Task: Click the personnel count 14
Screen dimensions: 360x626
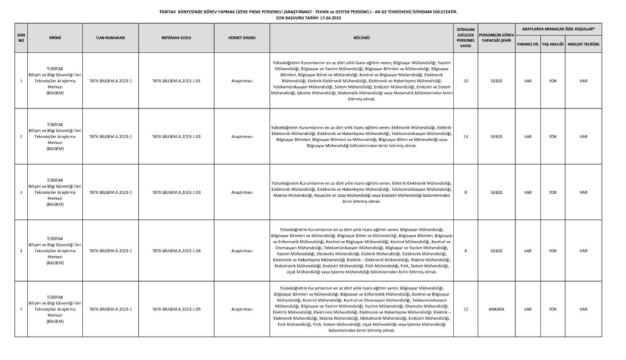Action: pyautogui.click(x=466, y=136)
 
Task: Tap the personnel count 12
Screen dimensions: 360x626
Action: pyautogui.click(x=466, y=309)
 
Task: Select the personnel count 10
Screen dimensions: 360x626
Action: pyautogui.click(x=466, y=80)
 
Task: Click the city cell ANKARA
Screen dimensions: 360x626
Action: pyautogui.click(x=496, y=309)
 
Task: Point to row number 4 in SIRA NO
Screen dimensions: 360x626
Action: pyautogui.click(x=21, y=251)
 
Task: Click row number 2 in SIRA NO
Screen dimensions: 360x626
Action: pyautogui.click(x=21, y=136)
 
